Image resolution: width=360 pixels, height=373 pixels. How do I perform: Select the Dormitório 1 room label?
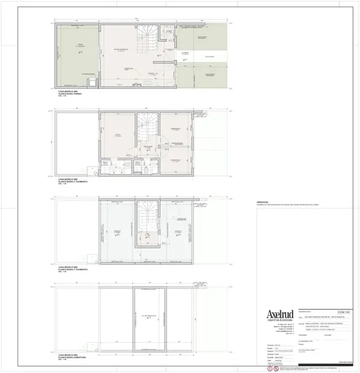tap(175, 129)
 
